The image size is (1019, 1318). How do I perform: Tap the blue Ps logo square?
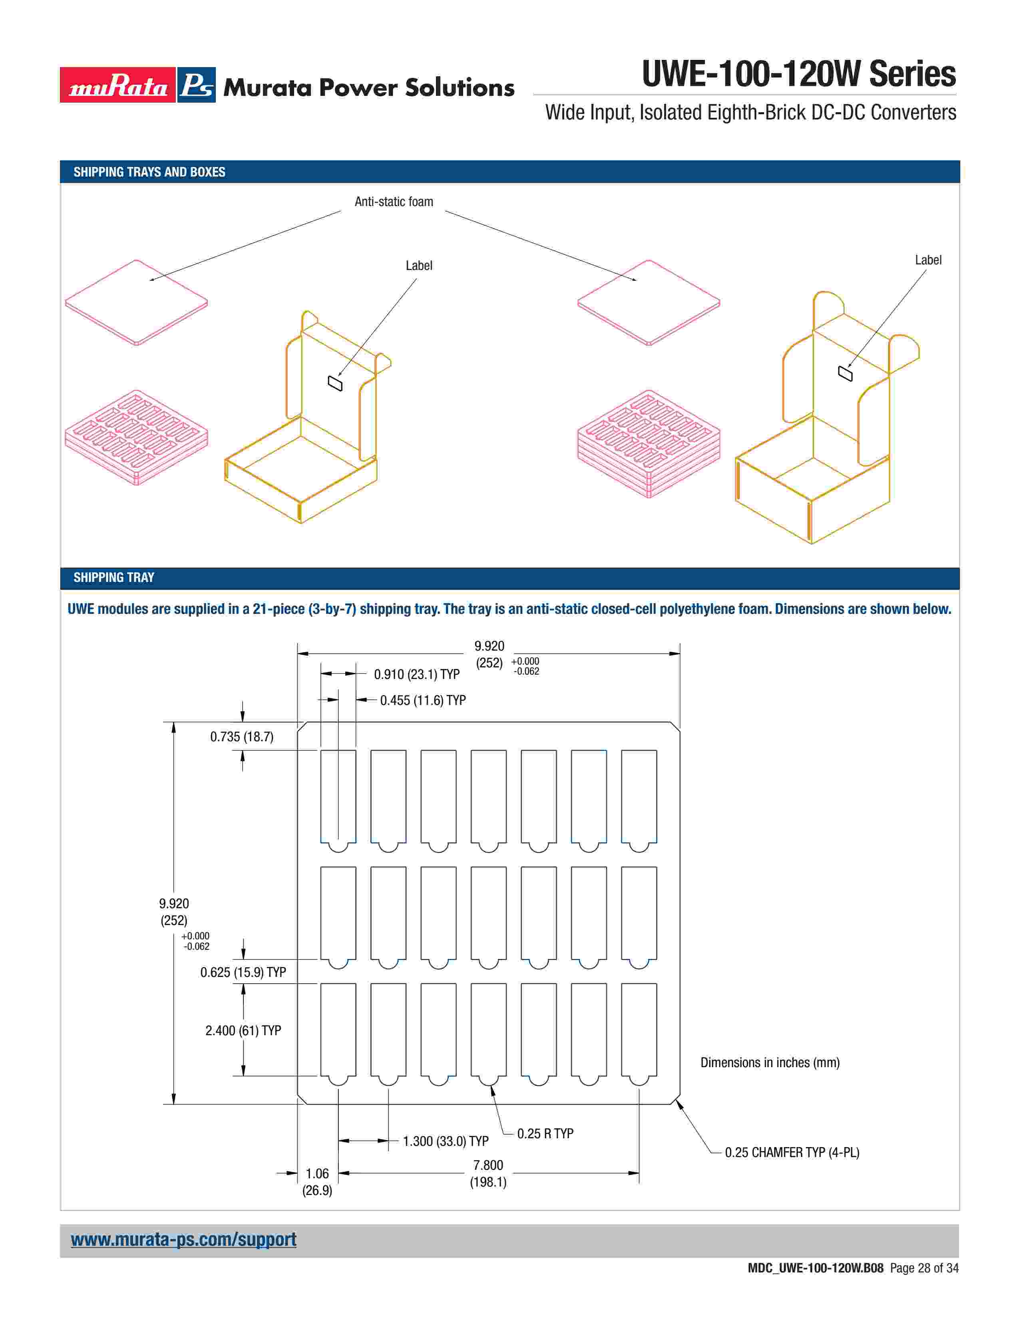pos(197,85)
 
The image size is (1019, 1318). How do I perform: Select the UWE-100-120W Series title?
pos(798,74)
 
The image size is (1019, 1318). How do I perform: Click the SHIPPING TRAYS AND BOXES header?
pos(149,172)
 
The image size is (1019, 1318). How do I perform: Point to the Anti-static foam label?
pos(394,202)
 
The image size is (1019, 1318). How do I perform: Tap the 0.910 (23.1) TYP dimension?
pos(416,674)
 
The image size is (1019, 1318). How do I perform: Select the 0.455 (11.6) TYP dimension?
pos(422,700)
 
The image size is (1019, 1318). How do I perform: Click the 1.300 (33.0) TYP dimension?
pos(446,1141)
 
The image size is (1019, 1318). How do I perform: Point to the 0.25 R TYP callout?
pos(545,1133)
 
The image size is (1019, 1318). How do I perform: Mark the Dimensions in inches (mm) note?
pos(770,1062)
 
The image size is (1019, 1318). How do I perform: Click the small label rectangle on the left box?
pos(335,383)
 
